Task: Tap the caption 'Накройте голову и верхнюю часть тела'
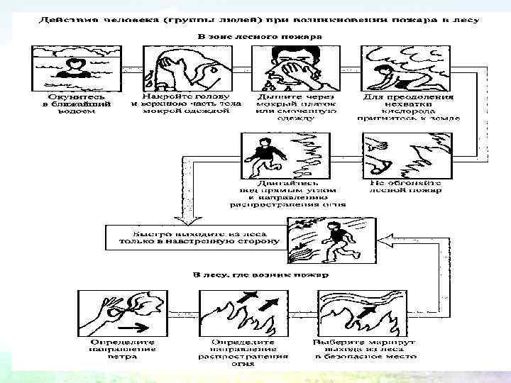point(186,99)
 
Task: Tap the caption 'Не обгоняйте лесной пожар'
point(405,186)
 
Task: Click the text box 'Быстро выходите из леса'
point(193,238)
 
